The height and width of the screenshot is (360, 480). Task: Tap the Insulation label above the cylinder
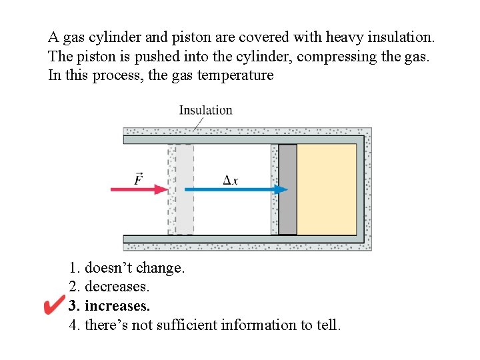click(205, 110)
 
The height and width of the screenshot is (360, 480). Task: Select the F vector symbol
click(138, 179)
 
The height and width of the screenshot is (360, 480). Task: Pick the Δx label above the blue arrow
click(231, 179)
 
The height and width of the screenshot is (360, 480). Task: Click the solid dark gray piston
click(287, 189)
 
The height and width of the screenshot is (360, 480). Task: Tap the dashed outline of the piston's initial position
click(181, 189)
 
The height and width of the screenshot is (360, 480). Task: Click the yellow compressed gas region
click(327, 189)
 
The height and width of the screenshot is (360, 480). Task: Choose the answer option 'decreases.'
click(117, 287)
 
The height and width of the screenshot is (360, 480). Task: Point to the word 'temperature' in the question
click(233, 75)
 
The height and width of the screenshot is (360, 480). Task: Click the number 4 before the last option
click(73, 325)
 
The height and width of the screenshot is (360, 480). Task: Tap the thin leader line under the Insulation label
click(199, 123)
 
